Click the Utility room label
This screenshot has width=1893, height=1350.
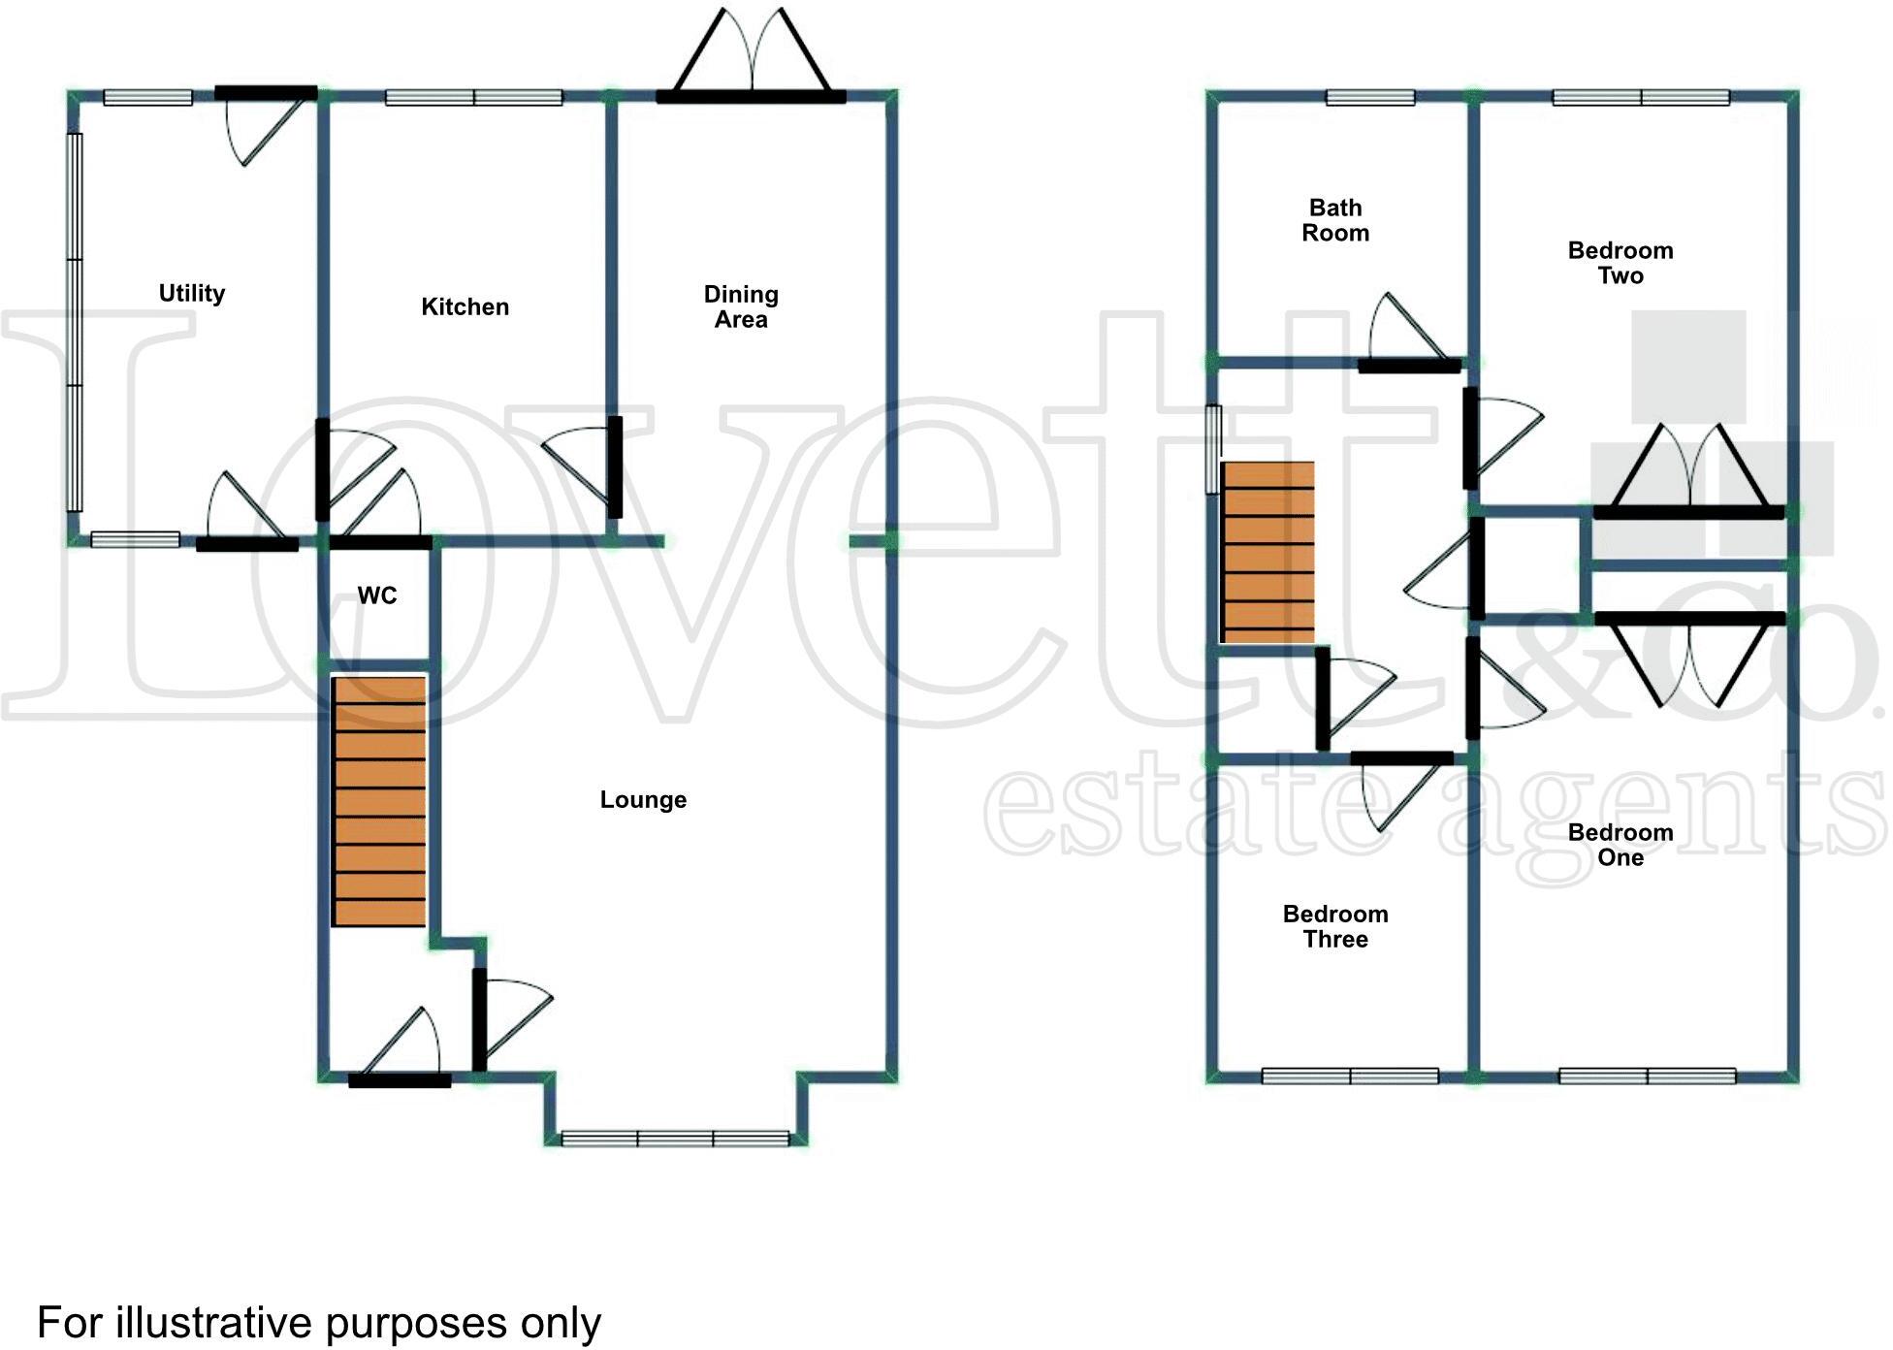192,293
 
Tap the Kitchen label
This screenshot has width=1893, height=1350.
465,306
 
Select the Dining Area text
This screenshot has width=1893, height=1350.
741,306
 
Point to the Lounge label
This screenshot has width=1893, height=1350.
643,799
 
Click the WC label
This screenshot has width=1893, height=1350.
377,595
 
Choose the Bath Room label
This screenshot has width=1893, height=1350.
1335,220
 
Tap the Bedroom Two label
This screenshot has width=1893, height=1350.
1620,263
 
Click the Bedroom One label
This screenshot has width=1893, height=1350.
1620,845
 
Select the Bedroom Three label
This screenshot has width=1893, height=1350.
1335,926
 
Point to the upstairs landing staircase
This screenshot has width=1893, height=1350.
1267,552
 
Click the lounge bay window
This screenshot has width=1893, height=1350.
675,1139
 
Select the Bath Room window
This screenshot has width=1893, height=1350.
1370,97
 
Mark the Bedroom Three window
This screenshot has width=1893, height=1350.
1350,1076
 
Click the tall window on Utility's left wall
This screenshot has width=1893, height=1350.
75,322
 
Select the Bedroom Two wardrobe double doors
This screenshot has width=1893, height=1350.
1688,469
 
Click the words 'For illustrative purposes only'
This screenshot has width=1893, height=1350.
319,1324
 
